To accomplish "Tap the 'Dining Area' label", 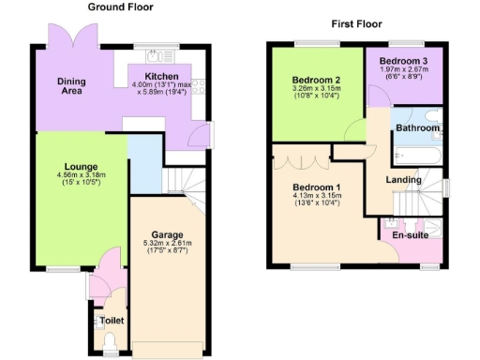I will pos(70,86).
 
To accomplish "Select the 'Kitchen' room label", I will pos(161,76).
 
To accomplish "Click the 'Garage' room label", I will pos(168,234).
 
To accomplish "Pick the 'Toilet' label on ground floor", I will pos(112,321).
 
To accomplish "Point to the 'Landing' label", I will pos(403,180).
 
